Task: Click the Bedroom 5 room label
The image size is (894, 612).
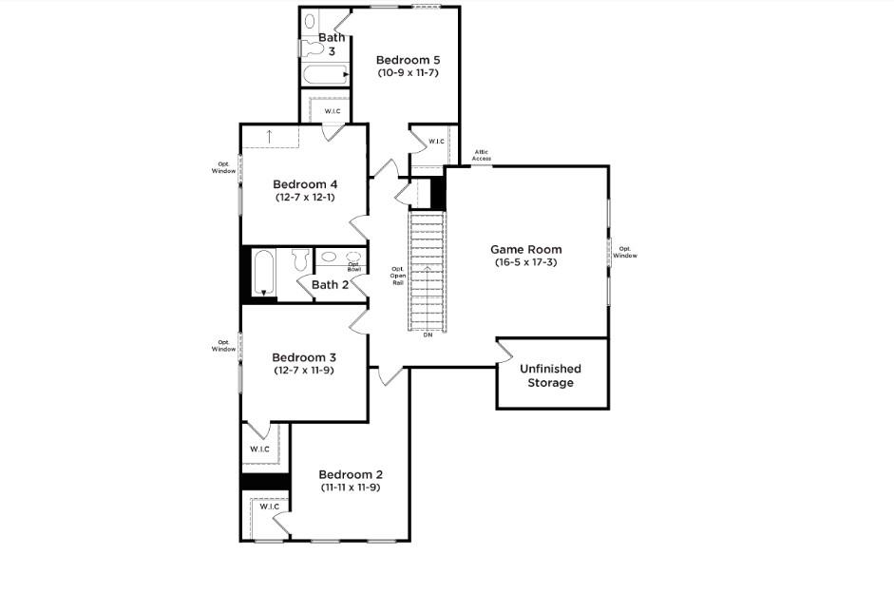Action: point(408,59)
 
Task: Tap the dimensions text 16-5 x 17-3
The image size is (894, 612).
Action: point(525,262)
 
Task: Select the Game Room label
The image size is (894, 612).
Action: point(525,249)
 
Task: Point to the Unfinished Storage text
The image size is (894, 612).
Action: point(550,375)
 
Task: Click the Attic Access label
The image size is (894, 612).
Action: point(483,155)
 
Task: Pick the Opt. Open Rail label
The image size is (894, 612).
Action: point(398,276)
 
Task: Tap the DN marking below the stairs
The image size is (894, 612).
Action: point(428,335)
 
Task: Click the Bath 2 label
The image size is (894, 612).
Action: point(331,284)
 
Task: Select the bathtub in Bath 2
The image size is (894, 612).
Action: point(263,273)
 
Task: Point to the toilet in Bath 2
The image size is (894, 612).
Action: point(301,259)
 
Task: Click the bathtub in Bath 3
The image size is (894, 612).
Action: point(324,75)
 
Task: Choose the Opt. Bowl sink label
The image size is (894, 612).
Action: point(353,267)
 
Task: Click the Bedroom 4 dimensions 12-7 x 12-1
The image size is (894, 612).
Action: point(304,197)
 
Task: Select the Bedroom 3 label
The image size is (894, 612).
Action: point(304,357)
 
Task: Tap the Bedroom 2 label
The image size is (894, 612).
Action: point(351,474)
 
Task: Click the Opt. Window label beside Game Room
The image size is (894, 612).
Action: point(625,253)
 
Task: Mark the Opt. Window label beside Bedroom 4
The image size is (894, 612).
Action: point(224,168)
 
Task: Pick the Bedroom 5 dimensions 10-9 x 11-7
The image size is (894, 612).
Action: point(408,72)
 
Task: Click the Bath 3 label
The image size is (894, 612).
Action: point(332,44)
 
